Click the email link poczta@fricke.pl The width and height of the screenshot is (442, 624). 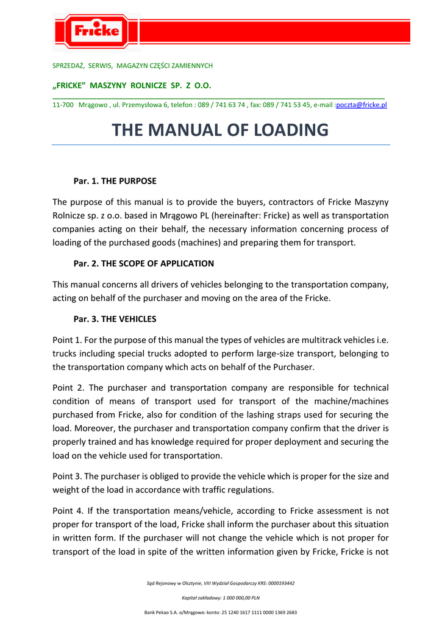point(362,105)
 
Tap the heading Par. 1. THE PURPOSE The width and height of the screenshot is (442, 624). point(115,181)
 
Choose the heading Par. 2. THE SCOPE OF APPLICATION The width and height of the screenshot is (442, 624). point(143,264)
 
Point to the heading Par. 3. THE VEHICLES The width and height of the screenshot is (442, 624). point(115,319)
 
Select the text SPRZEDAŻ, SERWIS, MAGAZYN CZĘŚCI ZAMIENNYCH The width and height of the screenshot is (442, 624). point(132,65)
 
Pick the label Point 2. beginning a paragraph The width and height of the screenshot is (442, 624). point(67,388)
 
